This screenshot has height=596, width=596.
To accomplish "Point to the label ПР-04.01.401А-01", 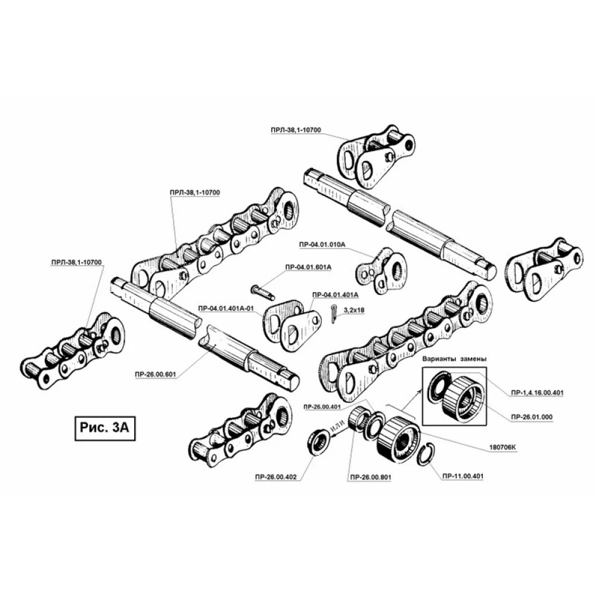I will click(x=226, y=308).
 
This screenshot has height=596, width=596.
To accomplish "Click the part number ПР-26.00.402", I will click(x=274, y=477).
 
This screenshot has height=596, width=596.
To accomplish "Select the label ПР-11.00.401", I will click(x=461, y=477).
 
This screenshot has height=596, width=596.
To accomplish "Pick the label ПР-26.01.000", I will click(x=532, y=416).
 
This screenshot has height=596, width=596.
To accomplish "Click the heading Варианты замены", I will click(x=454, y=359).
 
